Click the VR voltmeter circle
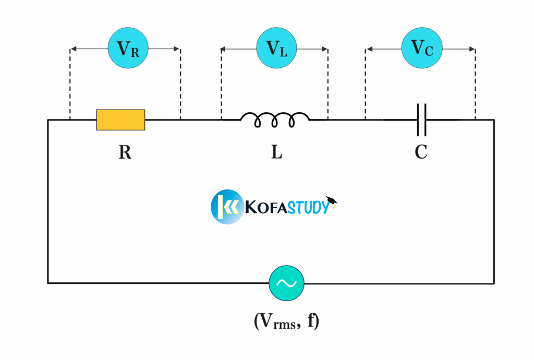128,49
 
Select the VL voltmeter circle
276,49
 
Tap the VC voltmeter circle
421,48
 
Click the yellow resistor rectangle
120,119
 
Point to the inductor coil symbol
275,120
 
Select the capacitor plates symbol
421,119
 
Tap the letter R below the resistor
125,152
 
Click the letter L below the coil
276,152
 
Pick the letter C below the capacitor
421,152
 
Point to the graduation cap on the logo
332,201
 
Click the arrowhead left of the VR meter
74,49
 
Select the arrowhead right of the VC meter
472,49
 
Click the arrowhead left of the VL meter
224,49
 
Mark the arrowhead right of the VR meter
177,49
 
